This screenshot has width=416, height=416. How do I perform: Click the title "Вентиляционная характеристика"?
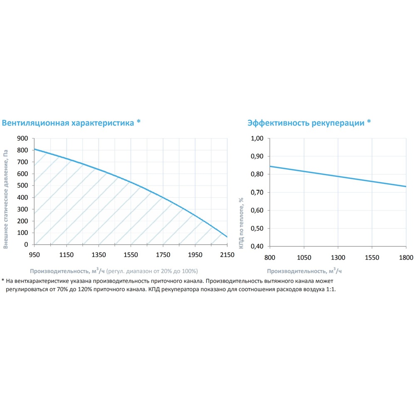[x=68, y=123]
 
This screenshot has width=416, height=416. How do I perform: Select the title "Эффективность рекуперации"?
[x=306, y=123]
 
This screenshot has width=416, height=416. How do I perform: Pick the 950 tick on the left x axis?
[x=35, y=255]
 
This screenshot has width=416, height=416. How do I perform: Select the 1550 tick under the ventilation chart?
[x=131, y=255]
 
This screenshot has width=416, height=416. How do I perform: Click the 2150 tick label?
[x=227, y=255]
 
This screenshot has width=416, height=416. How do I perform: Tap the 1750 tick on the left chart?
[x=163, y=255]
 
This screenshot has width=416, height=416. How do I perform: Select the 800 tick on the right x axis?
[x=270, y=258]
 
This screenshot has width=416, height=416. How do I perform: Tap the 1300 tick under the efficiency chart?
[x=338, y=258]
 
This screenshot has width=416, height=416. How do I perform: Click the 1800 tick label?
[x=406, y=258]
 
